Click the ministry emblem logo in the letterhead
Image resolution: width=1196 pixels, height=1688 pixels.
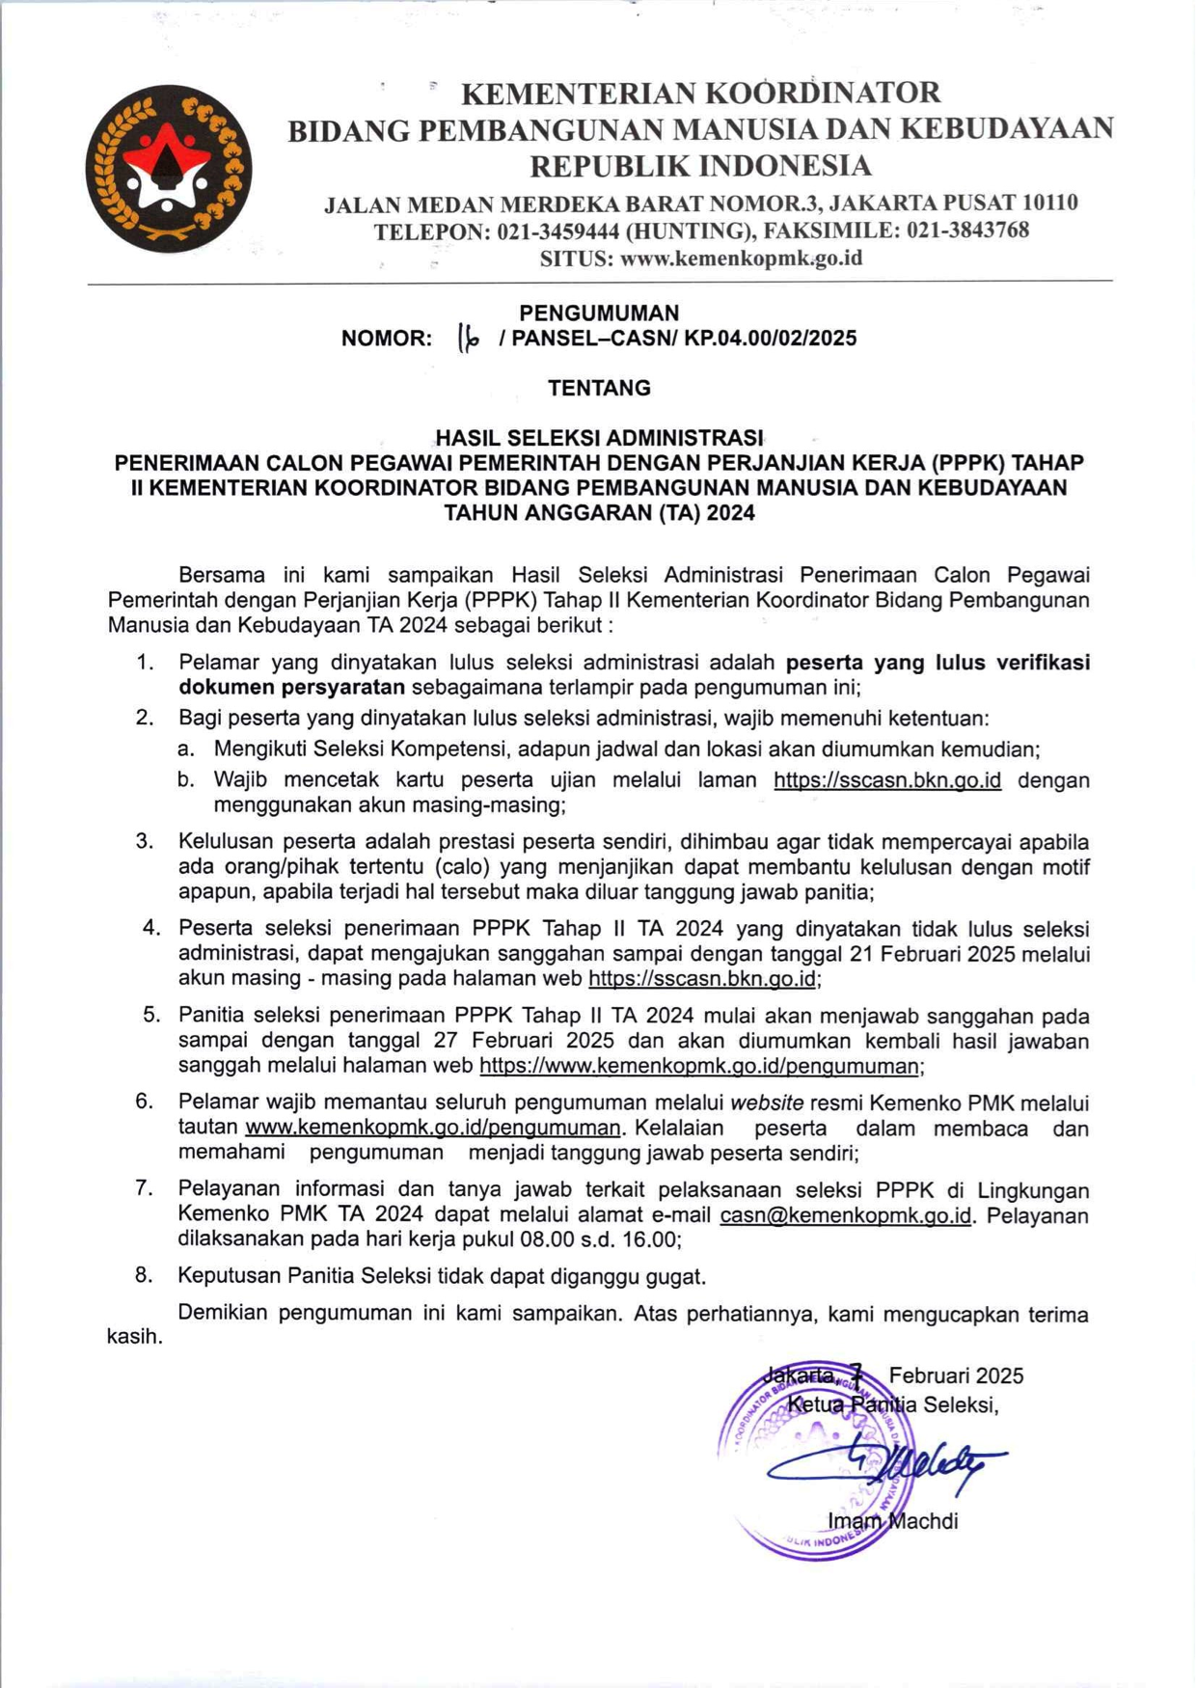(169, 169)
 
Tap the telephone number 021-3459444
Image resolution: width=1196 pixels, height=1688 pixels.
(558, 231)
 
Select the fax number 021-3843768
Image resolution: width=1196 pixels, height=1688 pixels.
(967, 231)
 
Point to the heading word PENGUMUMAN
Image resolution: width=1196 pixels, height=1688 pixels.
(599, 313)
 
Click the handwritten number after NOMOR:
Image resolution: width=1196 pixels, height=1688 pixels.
(468, 339)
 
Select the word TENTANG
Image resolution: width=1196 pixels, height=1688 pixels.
(599, 388)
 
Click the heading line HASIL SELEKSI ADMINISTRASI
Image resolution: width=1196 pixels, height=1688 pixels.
(599, 439)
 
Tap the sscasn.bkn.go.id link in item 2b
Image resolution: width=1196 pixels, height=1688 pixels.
(886, 780)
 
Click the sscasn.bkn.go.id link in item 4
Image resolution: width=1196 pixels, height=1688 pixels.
(703, 979)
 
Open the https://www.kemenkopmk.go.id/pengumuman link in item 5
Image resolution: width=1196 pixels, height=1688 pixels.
(699, 1066)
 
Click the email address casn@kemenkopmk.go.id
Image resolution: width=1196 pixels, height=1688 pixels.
(845, 1215)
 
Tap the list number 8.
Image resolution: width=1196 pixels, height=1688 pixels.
(144, 1275)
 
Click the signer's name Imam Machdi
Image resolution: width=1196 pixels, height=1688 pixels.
(892, 1521)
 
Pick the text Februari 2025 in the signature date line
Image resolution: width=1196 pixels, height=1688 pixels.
(956, 1375)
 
